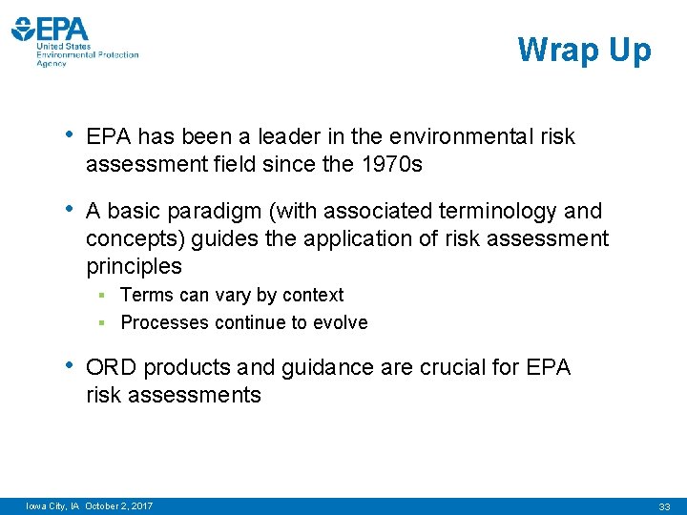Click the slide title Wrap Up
(x=584, y=50)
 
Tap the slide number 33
(x=665, y=505)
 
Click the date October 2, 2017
(x=118, y=505)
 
